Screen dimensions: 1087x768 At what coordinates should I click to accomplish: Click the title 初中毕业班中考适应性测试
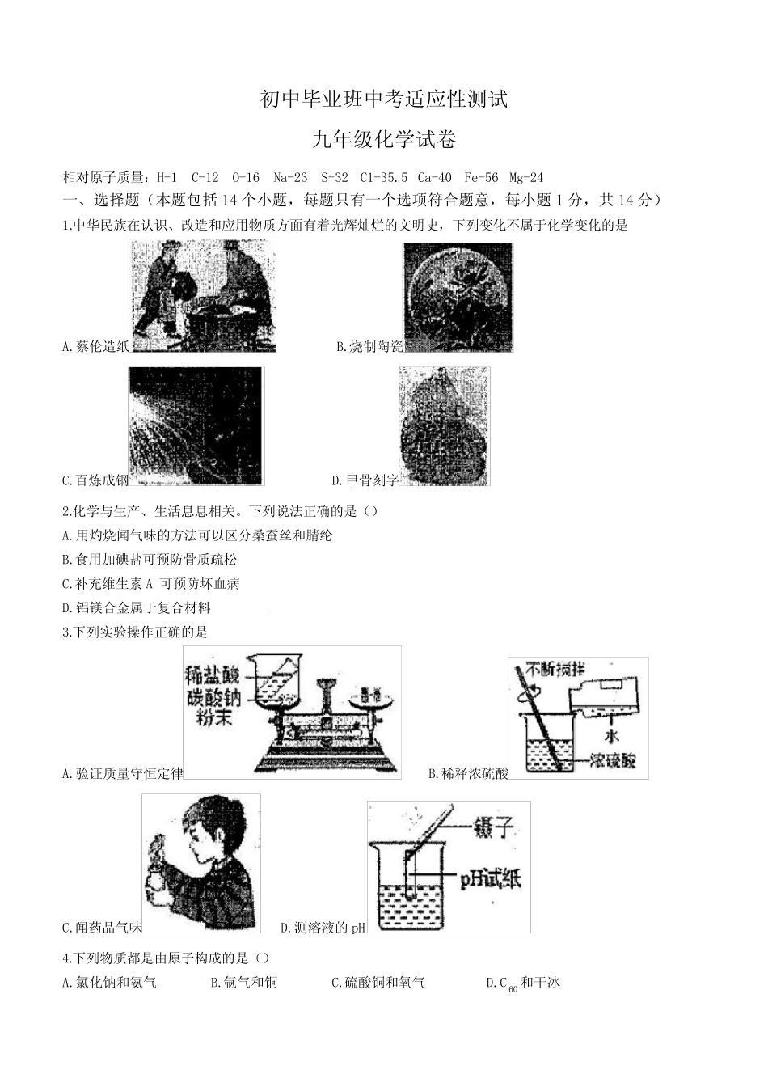tap(384, 99)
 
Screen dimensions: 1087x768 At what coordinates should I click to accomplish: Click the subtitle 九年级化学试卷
tap(384, 140)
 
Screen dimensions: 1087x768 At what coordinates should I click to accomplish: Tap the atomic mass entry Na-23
tap(290, 177)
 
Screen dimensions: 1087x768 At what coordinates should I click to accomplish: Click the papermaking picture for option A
tap(203, 295)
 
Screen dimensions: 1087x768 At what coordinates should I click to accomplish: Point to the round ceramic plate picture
tap(458, 297)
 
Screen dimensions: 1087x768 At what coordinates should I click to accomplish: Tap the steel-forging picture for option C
tap(196, 426)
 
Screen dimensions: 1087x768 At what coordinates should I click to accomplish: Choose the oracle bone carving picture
tap(444, 426)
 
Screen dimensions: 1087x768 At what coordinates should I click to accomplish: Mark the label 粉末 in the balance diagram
tap(213, 717)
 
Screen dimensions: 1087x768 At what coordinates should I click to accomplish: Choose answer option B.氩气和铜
tap(243, 983)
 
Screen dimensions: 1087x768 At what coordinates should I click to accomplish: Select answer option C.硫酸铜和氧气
tap(378, 983)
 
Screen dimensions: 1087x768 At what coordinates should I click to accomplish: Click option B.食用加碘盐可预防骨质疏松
tap(149, 559)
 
